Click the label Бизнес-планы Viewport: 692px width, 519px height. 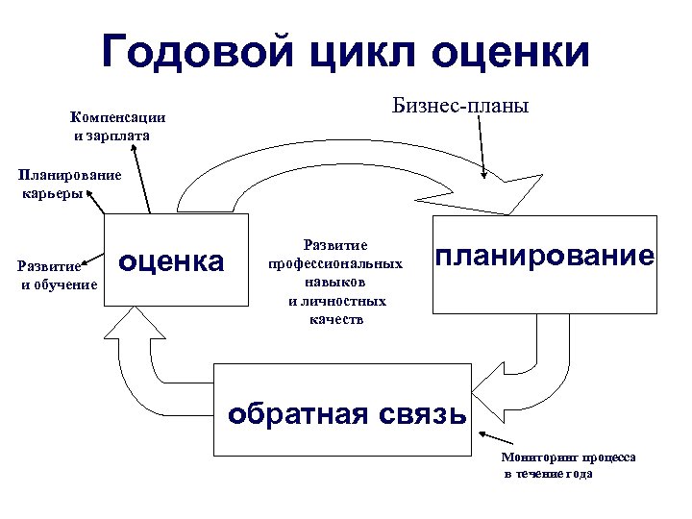460,103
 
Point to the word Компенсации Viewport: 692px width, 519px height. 117,117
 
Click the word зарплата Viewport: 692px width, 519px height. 119,136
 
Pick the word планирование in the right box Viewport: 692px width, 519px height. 546,256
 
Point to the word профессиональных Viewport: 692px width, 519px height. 334,264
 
